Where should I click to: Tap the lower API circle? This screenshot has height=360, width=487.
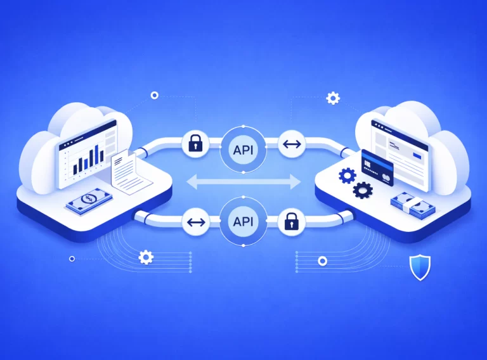click(243, 221)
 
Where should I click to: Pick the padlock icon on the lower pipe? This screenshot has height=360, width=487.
click(291, 221)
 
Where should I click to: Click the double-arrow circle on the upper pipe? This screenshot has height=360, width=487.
click(292, 145)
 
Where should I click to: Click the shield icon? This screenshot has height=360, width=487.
click(419, 267)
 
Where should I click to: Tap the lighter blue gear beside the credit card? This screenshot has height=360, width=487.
click(347, 176)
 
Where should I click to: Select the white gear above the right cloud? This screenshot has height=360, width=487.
click(332, 98)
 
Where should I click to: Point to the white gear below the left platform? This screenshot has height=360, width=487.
click(146, 257)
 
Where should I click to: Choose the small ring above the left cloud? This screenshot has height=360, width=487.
click(154, 95)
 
